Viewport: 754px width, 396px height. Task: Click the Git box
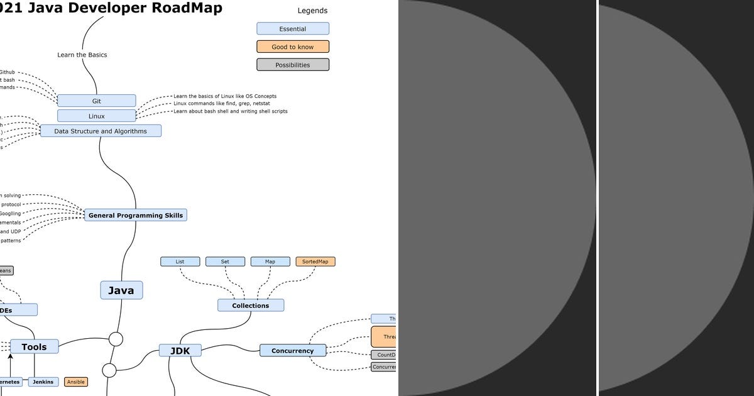pyautogui.click(x=96, y=101)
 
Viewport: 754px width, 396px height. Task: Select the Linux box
pyautogui.click(x=96, y=116)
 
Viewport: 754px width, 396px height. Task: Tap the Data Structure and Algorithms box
pyautogui.click(x=101, y=131)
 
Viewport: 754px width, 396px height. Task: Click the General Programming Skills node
pyautogui.click(x=136, y=215)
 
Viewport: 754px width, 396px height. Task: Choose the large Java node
pyautogui.click(x=121, y=290)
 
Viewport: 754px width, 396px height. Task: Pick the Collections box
pyautogui.click(x=251, y=305)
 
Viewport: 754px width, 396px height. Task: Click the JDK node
pyautogui.click(x=180, y=351)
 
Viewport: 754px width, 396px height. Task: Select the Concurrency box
pyautogui.click(x=293, y=351)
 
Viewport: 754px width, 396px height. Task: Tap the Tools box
pyautogui.click(x=35, y=346)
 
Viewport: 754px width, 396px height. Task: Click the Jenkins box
pyautogui.click(x=43, y=382)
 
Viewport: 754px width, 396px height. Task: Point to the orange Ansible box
pyautogui.click(x=76, y=382)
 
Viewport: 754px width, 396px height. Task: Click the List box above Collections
pyautogui.click(x=180, y=261)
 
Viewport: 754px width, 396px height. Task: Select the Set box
pyautogui.click(x=226, y=261)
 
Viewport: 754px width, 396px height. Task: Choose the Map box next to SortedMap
pyautogui.click(x=270, y=261)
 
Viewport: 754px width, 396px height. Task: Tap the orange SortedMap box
pyautogui.click(x=315, y=261)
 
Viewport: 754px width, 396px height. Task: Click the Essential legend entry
pyautogui.click(x=293, y=29)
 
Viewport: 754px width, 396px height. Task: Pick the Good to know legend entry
pyautogui.click(x=293, y=47)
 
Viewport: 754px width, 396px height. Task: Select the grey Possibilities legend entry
pyautogui.click(x=293, y=65)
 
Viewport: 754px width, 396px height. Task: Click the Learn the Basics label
pyautogui.click(x=82, y=55)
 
